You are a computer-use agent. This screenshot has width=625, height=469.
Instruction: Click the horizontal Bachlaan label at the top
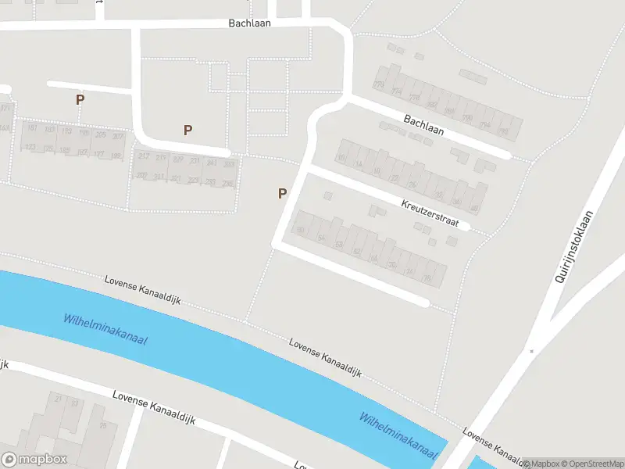(249, 23)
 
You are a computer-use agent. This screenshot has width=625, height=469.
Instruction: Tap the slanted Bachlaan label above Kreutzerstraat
(423, 125)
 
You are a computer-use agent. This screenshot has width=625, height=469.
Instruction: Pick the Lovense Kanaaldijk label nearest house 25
(153, 409)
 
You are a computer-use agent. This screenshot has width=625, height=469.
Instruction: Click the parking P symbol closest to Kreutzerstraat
(282, 194)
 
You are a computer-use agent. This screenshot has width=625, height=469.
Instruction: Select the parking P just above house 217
(187, 131)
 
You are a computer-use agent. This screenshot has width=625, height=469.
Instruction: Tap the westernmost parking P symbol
(80, 100)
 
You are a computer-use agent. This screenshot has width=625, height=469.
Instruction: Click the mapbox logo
(34, 460)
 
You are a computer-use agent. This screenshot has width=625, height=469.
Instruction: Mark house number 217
(143, 156)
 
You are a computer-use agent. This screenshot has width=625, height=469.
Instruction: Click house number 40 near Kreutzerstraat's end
(474, 208)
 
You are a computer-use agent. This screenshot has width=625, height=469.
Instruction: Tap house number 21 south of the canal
(58, 398)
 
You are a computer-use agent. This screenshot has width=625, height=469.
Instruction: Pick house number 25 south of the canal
(102, 426)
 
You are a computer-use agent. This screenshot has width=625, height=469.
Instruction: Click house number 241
(212, 163)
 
